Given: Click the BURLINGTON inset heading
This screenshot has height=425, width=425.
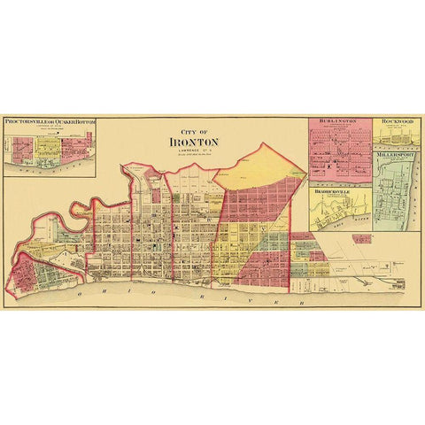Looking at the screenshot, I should pyautogui.click(x=339, y=121).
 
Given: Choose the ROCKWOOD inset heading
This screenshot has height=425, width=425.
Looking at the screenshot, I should pyautogui.click(x=397, y=121).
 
